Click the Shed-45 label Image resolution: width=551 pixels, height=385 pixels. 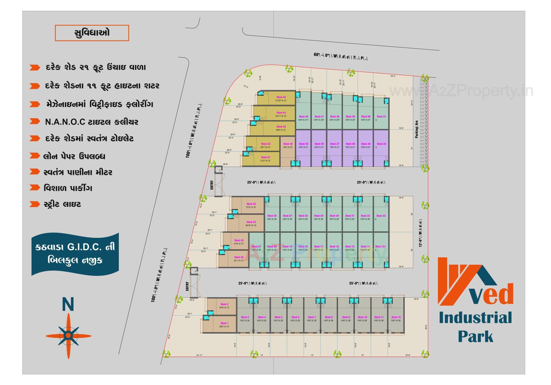tap(281, 97)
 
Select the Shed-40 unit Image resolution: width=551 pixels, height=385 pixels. tap(288, 152)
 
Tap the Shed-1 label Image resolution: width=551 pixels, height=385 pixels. tap(224, 323)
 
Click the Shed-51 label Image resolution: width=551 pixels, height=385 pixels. tap(381, 117)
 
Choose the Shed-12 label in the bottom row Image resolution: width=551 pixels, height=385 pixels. tap(396, 317)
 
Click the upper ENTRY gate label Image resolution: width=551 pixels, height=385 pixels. tap(212, 185)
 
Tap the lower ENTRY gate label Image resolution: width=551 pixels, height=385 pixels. tap(187, 286)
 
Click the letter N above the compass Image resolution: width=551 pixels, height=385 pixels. tap(68, 305)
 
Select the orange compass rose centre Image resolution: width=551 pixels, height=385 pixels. tap(68, 335)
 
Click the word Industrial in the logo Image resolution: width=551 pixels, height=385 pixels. tap(475, 318)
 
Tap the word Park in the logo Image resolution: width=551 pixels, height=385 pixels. tap(475, 336)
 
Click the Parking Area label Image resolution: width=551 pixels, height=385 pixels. tap(417, 129)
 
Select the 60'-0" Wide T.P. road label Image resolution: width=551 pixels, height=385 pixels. tap(341, 56)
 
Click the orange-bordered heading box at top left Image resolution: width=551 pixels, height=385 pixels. tap(92, 33)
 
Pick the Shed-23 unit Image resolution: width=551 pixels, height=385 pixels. tap(236, 242)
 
